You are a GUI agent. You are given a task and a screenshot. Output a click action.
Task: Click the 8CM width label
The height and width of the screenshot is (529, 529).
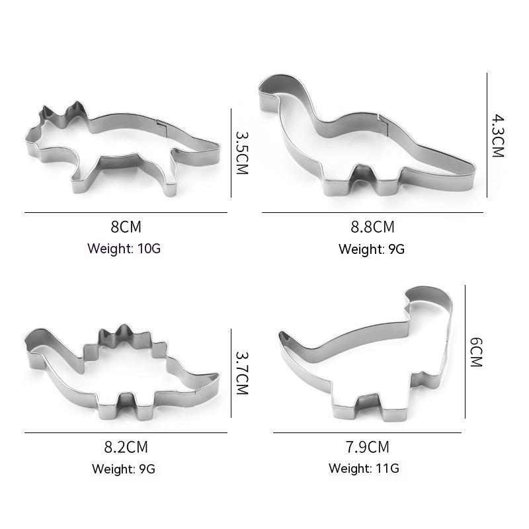(126, 227)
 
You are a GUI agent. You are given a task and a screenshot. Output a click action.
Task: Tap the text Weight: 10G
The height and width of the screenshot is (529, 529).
(124, 249)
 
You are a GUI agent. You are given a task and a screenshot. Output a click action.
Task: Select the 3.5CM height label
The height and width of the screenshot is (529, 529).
(241, 151)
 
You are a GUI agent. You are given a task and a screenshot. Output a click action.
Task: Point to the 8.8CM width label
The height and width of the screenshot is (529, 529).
(372, 227)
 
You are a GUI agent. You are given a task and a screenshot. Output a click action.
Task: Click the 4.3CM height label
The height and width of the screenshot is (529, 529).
(498, 135)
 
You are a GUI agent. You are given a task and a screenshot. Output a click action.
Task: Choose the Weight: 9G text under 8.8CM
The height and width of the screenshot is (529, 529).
(371, 249)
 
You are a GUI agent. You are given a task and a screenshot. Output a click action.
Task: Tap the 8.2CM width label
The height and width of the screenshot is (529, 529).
(125, 447)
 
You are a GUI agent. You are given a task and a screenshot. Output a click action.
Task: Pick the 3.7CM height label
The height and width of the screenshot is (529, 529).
(241, 372)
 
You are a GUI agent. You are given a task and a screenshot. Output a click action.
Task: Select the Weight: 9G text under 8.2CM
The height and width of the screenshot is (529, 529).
(124, 469)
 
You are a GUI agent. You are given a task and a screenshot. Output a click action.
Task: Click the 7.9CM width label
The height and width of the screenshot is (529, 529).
(368, 447)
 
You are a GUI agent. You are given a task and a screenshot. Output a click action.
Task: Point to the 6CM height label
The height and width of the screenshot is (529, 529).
(476, 352)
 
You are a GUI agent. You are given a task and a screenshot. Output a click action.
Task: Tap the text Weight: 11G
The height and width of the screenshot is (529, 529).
(364, 469)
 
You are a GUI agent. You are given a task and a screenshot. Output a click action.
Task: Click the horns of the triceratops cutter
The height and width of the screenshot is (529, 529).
(63, 111)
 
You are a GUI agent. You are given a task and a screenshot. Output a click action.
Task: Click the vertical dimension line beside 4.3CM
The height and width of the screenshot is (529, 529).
(487, 135)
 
